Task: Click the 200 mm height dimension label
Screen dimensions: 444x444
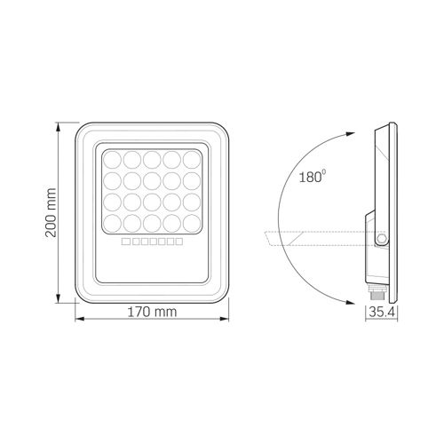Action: pos(51,212)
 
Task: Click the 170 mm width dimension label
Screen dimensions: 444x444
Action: pos(152,312)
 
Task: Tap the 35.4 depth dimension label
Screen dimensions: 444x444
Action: pos(382,312)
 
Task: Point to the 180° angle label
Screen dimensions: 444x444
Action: pos(313,177)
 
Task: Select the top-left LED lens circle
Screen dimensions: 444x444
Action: pos(113,160)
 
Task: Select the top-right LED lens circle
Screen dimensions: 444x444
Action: pos(192,160)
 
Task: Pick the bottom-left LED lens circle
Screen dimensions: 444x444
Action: pos(113,224)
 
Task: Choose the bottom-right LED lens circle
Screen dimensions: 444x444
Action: pos(192,224)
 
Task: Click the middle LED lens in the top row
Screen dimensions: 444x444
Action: pos(152,160)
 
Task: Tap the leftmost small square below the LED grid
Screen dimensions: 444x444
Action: pos(126,242)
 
